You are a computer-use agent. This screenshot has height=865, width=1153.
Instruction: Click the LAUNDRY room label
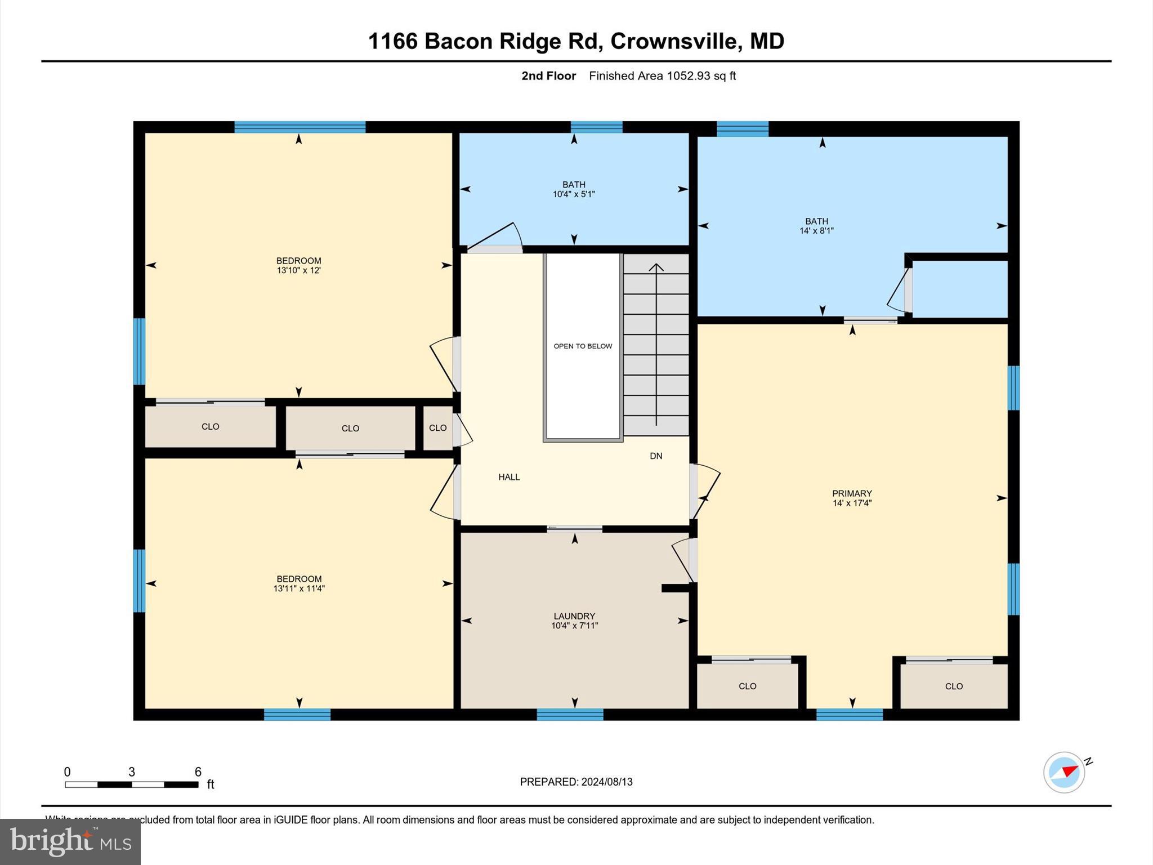pos(574,616)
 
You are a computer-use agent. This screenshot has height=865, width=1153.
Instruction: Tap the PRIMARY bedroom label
pos(852,493)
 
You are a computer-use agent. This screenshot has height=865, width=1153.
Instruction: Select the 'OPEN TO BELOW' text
pos(583,346)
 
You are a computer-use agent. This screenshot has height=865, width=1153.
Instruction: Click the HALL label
pos(509,477)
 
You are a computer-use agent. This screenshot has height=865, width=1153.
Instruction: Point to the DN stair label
pos(656,456)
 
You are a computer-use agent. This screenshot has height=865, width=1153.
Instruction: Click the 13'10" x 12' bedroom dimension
pos(298,270)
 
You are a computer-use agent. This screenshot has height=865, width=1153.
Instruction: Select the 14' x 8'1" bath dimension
pos(816,231)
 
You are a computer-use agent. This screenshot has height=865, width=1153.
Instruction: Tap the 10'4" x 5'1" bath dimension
pos(574,194)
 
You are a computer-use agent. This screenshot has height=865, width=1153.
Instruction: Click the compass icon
pos(1064,773)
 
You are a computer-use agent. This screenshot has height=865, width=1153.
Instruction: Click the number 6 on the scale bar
pos(198,772)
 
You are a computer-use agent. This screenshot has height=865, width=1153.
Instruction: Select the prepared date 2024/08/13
pos(607,782)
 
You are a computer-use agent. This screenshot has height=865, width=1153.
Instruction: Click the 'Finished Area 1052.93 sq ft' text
pos(662,76)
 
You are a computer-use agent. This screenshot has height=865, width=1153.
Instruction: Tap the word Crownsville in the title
pos(673,41)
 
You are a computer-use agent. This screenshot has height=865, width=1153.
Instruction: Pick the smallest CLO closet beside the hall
pos(437,428)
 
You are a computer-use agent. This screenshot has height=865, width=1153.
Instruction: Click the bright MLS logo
pos(70,842)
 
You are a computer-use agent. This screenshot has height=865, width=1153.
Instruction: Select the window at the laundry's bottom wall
pos(570,715)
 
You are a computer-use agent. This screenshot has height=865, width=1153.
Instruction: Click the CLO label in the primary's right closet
pos(954,686)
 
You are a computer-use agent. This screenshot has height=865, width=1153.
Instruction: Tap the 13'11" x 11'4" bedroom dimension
pos(299,588)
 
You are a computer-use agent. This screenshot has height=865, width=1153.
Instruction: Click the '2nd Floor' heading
pos(548,76)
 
